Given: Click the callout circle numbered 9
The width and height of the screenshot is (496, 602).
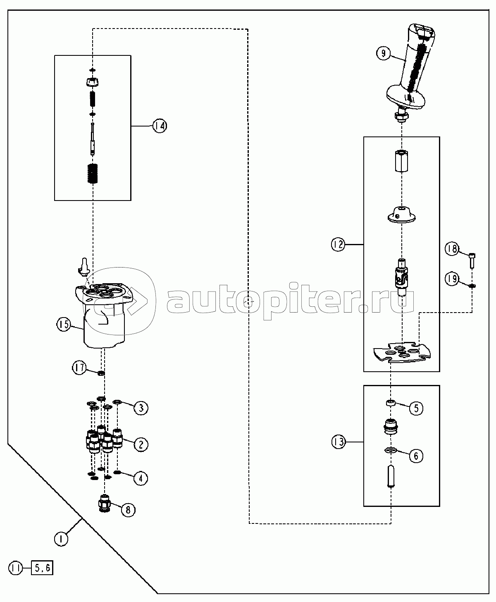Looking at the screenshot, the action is [383, 54].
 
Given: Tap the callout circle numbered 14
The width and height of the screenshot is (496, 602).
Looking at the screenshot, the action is [160, 126].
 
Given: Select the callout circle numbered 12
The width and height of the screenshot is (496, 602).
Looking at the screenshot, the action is [338, 245].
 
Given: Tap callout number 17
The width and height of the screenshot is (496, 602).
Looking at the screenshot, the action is [79, 368].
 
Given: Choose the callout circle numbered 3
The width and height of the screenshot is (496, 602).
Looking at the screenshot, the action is [141, 408].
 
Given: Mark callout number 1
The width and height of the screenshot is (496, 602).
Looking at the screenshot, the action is [61, 539].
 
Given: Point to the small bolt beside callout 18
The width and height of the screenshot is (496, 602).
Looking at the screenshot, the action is [472, 261].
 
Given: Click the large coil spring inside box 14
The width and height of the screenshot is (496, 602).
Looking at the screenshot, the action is [93, 173].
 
